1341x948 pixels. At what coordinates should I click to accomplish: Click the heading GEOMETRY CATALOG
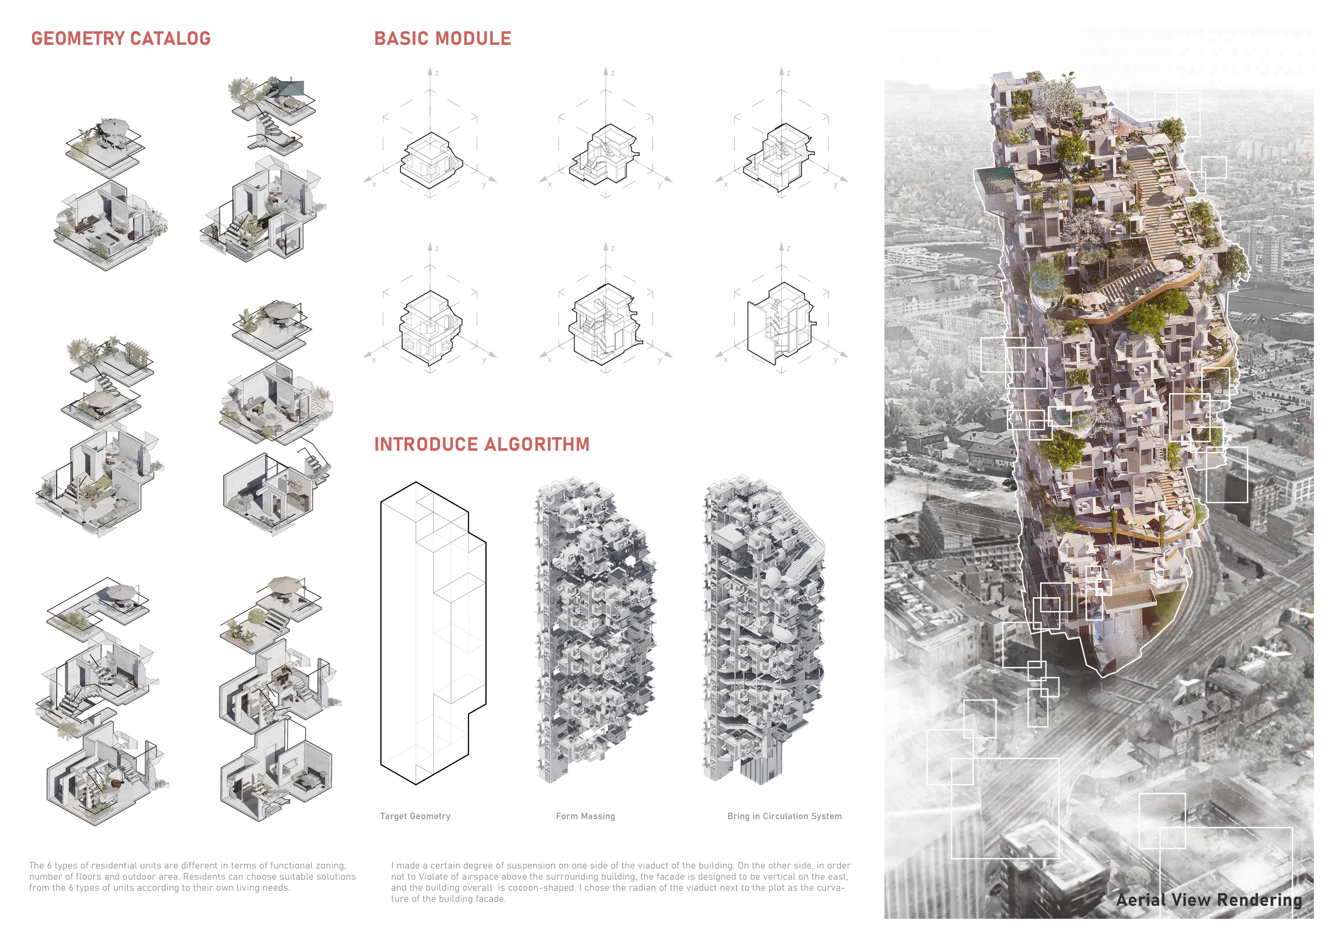click(121, 39)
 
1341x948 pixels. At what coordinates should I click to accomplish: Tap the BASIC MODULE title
click(443, 39)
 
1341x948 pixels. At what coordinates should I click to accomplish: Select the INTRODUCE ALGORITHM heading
click(482, 445)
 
